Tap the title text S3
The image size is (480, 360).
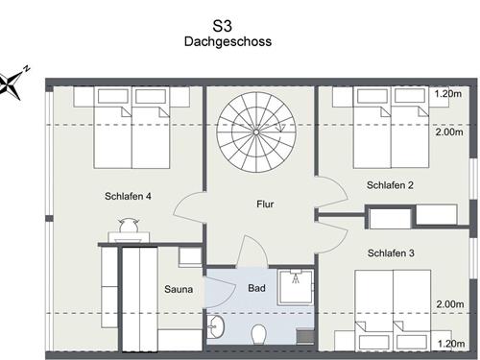click(228, 25)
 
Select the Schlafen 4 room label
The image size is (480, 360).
click(128, 197)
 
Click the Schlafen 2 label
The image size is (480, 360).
click(389, 185)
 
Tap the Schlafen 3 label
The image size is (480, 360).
click(389, 253)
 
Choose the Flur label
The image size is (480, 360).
click(265, 204)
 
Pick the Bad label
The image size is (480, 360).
click(256, 288)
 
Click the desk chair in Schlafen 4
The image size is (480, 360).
click(128, 227)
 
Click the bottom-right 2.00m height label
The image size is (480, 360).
click(448, 304)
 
